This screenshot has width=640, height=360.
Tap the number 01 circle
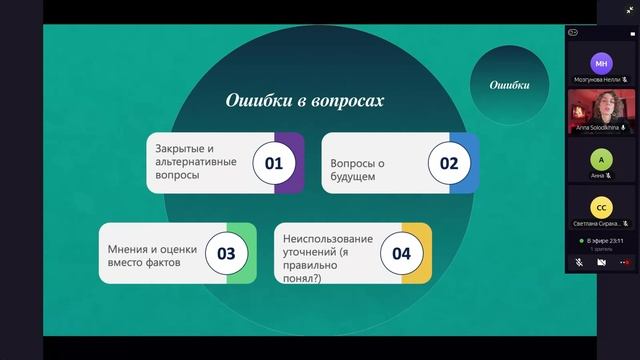(x=274, y=162)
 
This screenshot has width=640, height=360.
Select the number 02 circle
(x=449, y=162)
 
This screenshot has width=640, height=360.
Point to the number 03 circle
(x=226, y=252)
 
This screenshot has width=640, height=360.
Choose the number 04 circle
(x=401, y=252)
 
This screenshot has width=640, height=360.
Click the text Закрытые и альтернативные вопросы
(x=196, y=162)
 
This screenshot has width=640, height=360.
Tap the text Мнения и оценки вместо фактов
(x=150, y=252)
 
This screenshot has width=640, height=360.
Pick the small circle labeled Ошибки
(x=509, y=85)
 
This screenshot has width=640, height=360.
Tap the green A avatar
(x=601, y=159)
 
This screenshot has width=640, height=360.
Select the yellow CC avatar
(x=601, y=207)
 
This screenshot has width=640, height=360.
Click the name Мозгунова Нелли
(x=597, y=79)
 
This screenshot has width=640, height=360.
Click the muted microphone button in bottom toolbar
(x=579, y=262)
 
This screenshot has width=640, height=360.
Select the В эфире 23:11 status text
(x=604, y=241)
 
